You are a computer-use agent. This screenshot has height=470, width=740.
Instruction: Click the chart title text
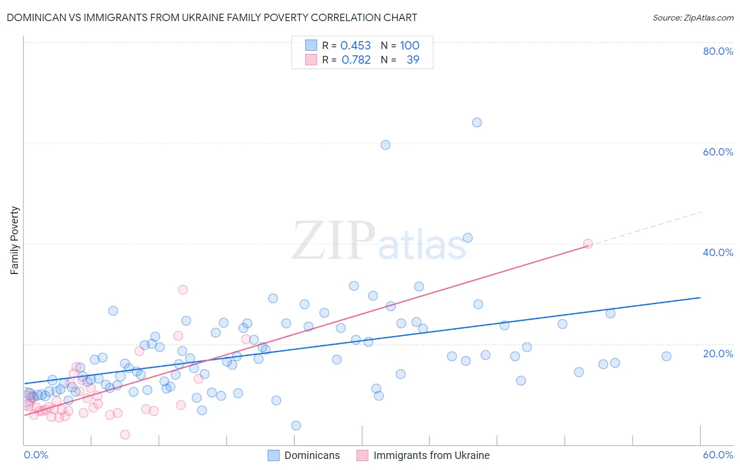212,17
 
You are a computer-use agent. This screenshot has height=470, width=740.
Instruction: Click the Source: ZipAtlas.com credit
693,17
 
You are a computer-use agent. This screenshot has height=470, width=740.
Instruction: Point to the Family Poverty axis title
15,240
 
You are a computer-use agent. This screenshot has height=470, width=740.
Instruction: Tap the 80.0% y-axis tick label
718,51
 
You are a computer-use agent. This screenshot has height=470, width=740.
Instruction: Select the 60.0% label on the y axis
718,152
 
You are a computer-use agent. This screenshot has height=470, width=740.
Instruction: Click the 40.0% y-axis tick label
718,252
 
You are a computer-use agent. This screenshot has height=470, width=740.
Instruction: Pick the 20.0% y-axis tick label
718,353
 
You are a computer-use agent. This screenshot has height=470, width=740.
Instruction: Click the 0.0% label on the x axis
36,455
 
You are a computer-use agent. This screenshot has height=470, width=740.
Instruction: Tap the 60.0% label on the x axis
718,455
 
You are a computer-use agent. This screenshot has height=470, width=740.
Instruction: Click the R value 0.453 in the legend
356,45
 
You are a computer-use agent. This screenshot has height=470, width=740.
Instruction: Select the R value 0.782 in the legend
356,60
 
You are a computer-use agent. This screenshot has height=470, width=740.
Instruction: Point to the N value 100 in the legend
409,45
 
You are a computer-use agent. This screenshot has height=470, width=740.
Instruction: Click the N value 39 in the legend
413,60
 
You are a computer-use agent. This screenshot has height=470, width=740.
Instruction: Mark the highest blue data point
477,123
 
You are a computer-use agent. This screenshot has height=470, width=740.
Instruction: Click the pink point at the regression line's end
588,243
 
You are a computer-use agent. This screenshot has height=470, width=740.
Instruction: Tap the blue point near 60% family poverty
385,145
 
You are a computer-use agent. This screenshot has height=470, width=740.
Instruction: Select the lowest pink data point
125,435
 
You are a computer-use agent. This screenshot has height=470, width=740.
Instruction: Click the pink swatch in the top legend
312,60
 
